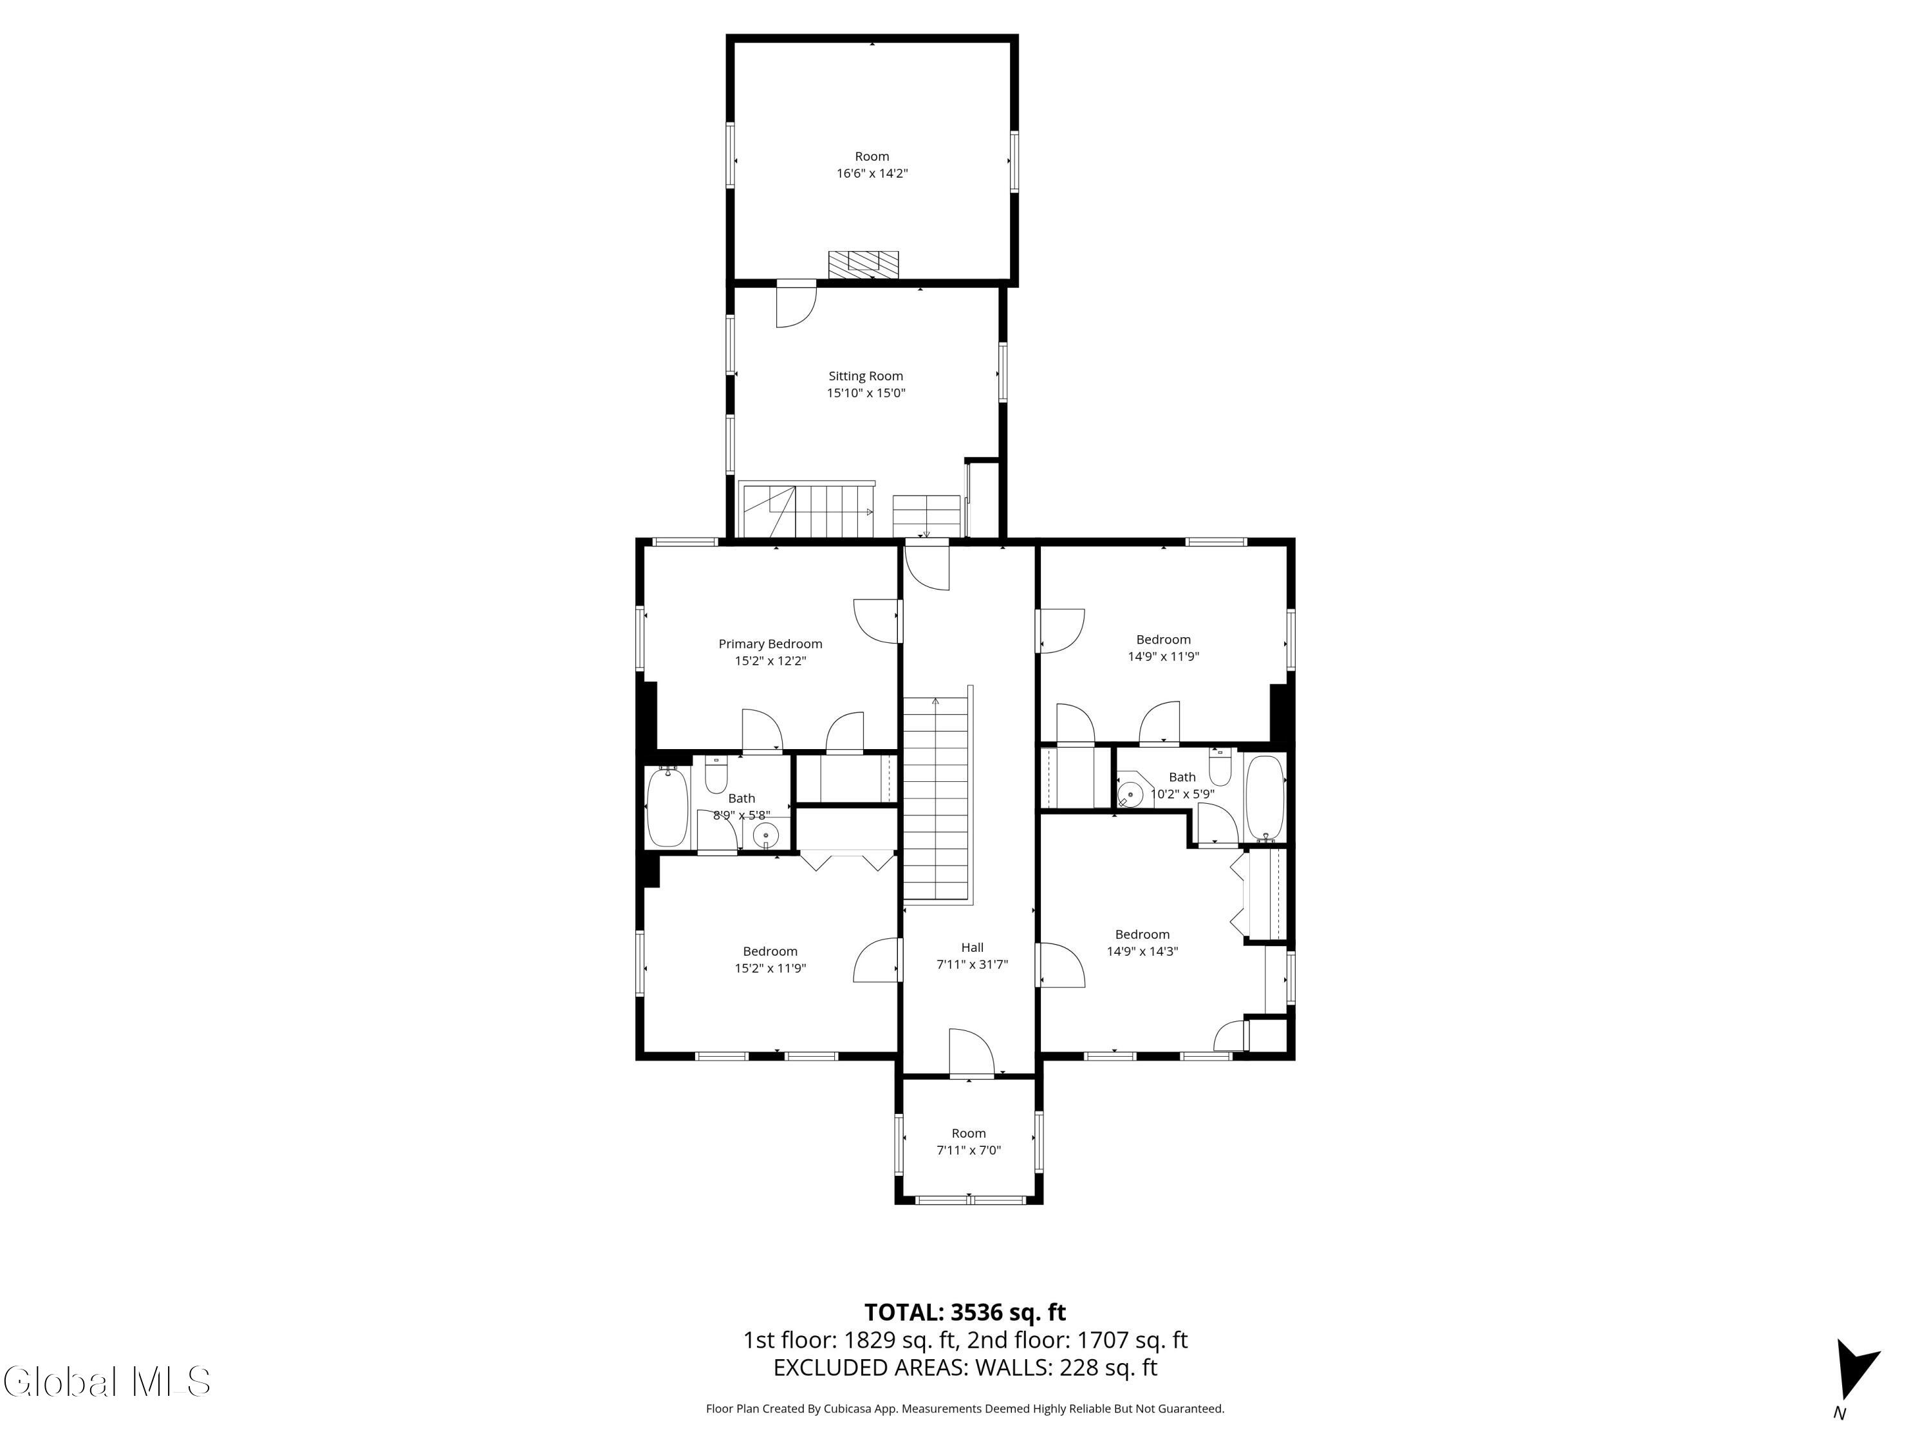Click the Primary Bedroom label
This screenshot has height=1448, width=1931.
coord(770,644)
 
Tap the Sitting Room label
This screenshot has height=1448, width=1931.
coord(865,376)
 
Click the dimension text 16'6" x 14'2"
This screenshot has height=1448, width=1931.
coord(872,174)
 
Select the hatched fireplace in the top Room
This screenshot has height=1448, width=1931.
coord(863,265)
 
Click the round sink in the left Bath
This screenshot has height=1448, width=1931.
coord(765,835)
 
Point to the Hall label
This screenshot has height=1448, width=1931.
coord(971,947)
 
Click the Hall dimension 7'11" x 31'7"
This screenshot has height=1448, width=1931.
coord(971,965)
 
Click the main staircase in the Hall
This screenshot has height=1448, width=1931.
coord(936,799)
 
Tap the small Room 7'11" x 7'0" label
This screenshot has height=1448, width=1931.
coord(968,1133)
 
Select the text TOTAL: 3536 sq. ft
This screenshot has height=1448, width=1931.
coord(965,1312)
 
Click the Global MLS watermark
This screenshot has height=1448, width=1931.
coord(106,1382)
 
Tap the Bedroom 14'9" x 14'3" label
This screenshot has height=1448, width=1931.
coord(1142,934)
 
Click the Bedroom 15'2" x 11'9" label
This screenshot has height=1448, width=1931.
coord(770,951)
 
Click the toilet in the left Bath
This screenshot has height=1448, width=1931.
coord(716,774)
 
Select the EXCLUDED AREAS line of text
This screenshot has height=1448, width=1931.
coord(965,1368)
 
